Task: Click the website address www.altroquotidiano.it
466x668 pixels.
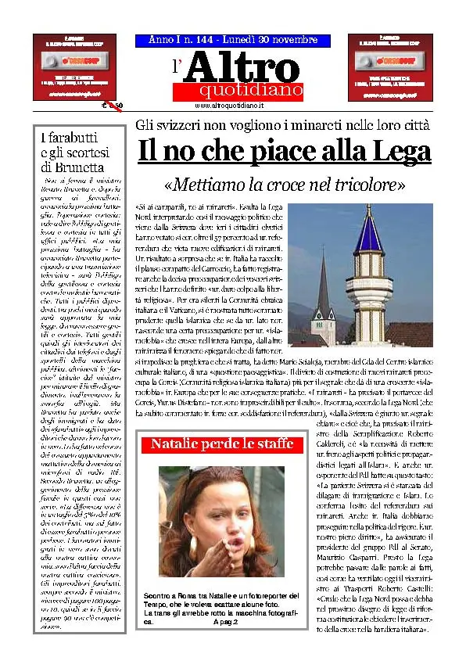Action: pos(228,105)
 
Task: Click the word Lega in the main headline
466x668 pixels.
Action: pos(399,151)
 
